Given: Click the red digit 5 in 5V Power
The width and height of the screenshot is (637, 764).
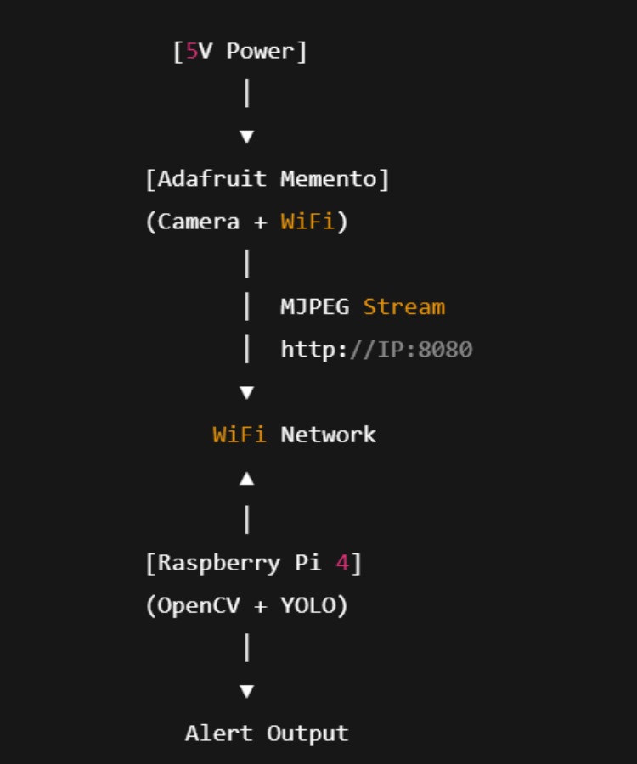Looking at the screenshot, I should coord(192,51).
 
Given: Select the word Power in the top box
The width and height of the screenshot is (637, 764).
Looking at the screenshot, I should coord(260,51).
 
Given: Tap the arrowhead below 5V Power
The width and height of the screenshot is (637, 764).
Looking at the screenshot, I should coord(247,136).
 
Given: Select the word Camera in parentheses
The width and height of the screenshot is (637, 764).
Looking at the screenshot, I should coord(199,222).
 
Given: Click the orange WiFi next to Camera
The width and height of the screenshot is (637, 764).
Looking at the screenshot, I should coord(307,222).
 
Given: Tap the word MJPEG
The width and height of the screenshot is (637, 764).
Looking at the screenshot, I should coord(314,306).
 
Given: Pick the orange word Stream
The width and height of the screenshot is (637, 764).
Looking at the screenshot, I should coord(403,306).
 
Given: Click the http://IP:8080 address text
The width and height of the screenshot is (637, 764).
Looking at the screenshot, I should coord(376,349).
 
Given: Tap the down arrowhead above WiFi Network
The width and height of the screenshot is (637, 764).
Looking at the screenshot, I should coord(247,392).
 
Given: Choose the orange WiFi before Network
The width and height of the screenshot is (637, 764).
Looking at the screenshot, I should coord(239,435).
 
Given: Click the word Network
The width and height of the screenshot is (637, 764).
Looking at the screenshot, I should coord(328,435).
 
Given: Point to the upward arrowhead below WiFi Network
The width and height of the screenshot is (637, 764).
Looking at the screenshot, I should coord(247,479).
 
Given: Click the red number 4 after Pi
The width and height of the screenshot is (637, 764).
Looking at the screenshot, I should coord(342,563).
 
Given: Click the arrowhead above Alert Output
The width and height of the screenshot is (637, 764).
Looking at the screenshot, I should coord(247,691).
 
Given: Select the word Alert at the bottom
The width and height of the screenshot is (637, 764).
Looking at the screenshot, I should coord(219,733).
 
